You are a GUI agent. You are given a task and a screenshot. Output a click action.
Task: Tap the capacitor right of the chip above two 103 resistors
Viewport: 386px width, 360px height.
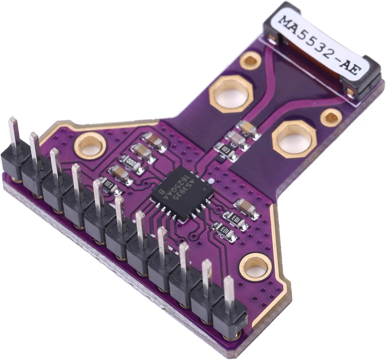pyautogui.click(x=245, y=206)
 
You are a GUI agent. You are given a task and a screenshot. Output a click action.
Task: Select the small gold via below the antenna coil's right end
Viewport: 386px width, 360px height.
pyautogui.click(x=329, y=117)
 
